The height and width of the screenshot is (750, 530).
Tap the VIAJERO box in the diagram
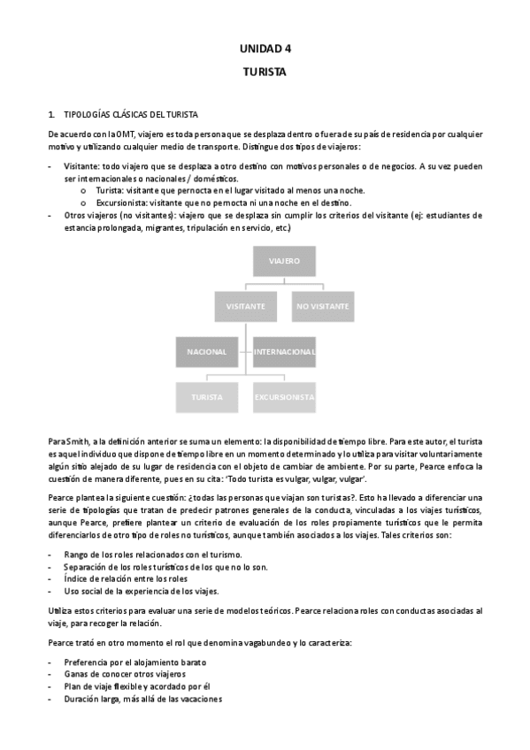coord(284,262)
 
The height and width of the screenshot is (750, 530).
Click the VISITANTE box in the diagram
coord(245,306)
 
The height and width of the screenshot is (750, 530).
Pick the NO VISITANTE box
coord(322,306)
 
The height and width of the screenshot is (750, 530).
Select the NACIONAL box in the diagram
coord(207,352)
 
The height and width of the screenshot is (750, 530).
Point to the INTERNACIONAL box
coord(284,352)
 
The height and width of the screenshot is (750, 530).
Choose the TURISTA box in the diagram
coord(207,398)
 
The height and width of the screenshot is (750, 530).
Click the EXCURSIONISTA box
coord(284,398)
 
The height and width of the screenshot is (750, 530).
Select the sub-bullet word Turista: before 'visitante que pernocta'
coord(110,190)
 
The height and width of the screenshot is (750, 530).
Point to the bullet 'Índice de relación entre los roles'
coord(134,578)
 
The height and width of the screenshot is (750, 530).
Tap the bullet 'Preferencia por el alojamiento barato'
coord(134,662)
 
